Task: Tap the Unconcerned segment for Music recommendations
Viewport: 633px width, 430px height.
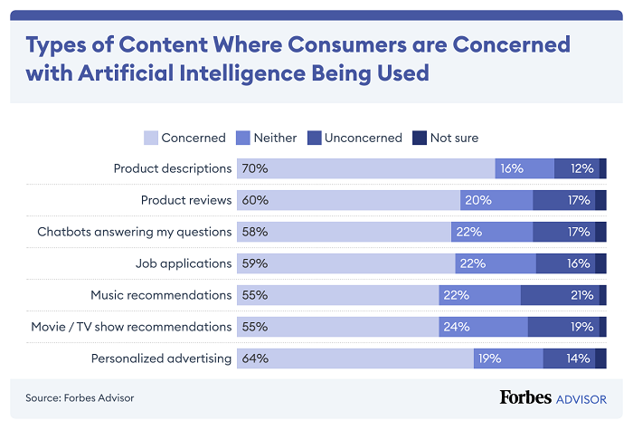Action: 560,295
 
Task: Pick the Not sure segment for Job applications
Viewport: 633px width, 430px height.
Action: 600,263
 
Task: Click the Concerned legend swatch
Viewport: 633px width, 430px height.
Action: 150,138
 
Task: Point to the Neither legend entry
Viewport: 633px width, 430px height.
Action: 268,138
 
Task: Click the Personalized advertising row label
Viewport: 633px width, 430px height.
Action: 161,358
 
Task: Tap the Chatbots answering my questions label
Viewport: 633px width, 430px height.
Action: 135,232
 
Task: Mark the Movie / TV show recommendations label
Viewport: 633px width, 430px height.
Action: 144,327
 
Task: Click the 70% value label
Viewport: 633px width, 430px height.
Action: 255,168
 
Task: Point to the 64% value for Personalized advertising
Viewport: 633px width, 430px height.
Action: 255,358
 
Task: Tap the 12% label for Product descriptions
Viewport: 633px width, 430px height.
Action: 581,168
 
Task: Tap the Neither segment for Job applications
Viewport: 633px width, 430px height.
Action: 496,263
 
